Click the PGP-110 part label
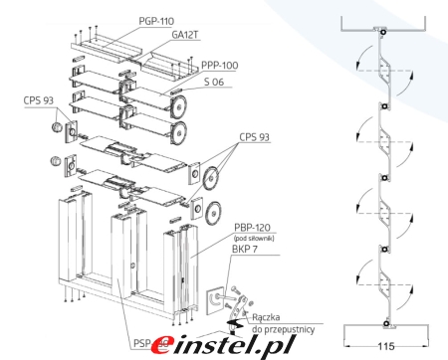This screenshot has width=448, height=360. [x=156, y=21]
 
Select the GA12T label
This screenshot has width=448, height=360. [x=185, y=35]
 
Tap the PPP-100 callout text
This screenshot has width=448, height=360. [x=220, y=66]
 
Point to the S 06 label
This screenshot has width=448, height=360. [x=214, y=82]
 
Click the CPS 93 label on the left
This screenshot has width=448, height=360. [x=38, y=100]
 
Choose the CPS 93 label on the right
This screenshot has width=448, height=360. [x=254, y=137]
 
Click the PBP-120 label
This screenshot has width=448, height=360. [x=252, y=228]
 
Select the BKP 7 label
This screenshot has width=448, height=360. [x=245, y=250]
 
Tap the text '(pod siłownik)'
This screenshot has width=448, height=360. [x=254, y=238]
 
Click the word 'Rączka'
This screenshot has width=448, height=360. [x=266, y=317]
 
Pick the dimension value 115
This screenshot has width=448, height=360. [x=386, y=346]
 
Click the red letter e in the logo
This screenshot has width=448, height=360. [x=163, y=345]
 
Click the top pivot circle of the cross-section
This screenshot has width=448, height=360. [x=383, y=33]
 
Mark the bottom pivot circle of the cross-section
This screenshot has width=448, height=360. [x=386, y=324]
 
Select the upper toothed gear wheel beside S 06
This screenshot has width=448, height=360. [x=178, y=106]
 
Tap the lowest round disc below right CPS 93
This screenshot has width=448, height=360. [x=213, y=211]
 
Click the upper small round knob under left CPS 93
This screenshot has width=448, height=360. [x=57, y=126]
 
